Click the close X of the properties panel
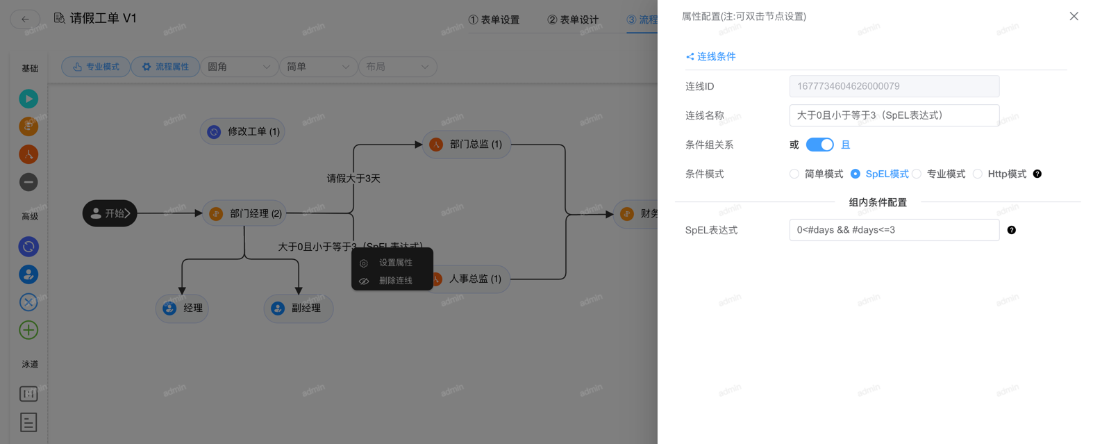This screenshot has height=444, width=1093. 1074,16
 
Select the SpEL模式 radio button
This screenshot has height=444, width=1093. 856,174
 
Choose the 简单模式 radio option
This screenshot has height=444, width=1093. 794,174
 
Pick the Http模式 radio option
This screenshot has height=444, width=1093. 978,174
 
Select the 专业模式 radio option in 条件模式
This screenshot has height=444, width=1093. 917,174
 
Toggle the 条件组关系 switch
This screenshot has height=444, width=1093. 819,145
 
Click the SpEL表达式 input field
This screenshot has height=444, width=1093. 894,230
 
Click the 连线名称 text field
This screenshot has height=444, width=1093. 894,115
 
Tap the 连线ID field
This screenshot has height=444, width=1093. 894,86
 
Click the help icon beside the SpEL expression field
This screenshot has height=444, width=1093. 1012,230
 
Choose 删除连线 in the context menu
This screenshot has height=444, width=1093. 395,281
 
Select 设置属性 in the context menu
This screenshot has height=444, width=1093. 395,263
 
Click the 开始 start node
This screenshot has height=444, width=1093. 110,213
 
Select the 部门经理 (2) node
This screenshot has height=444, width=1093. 247,213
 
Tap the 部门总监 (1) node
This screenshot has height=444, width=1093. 467,145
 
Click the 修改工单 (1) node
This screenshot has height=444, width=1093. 243,131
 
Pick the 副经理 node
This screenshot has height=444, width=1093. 299,308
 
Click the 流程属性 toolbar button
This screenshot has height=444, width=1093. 165,67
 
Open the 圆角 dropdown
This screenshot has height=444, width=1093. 239,67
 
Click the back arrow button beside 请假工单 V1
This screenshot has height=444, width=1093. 25,19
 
